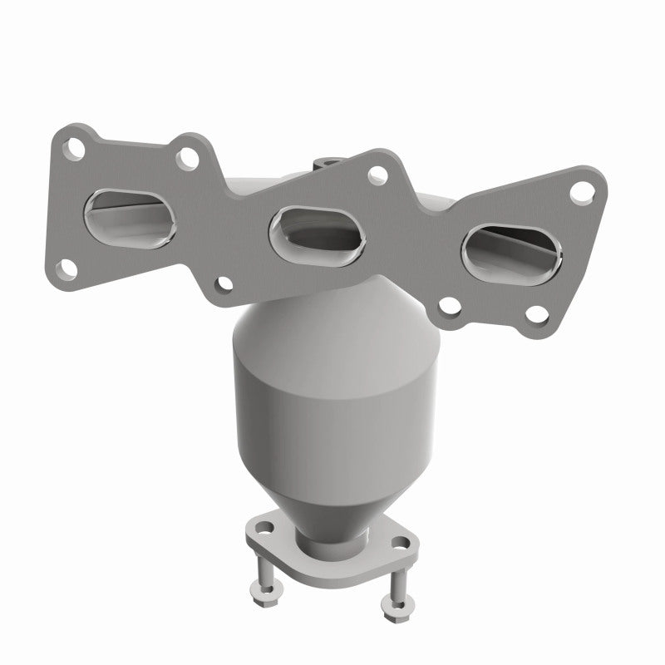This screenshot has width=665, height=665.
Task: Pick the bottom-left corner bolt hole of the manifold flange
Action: (x=62, y=268)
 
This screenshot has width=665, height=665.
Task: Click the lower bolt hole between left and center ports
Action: (x=224, y=285)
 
